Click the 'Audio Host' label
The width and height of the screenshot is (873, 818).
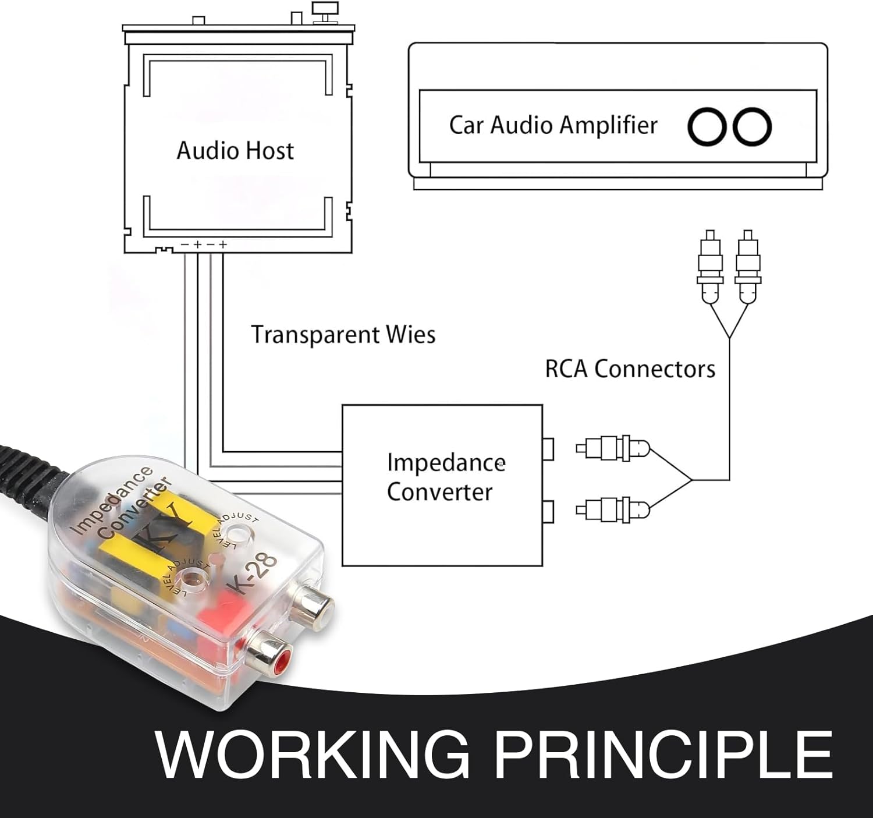tap(235, 151)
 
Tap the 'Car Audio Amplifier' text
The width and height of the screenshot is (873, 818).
tap(553, 125)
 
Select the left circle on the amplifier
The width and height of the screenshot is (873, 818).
tap(707, 126)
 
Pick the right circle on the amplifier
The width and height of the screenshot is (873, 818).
tap(752, 126)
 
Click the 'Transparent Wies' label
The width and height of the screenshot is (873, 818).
tap(343, 335)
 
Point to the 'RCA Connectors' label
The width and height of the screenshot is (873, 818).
tap(630, 369)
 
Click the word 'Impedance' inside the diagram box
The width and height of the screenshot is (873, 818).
tap(446, 463)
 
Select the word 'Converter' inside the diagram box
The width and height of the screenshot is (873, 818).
tap(439, 493)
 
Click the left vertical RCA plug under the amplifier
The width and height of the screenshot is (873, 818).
tap(710, 265)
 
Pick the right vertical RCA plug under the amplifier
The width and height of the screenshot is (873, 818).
tap(748, 265)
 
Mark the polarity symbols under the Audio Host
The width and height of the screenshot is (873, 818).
tap(204, 245)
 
